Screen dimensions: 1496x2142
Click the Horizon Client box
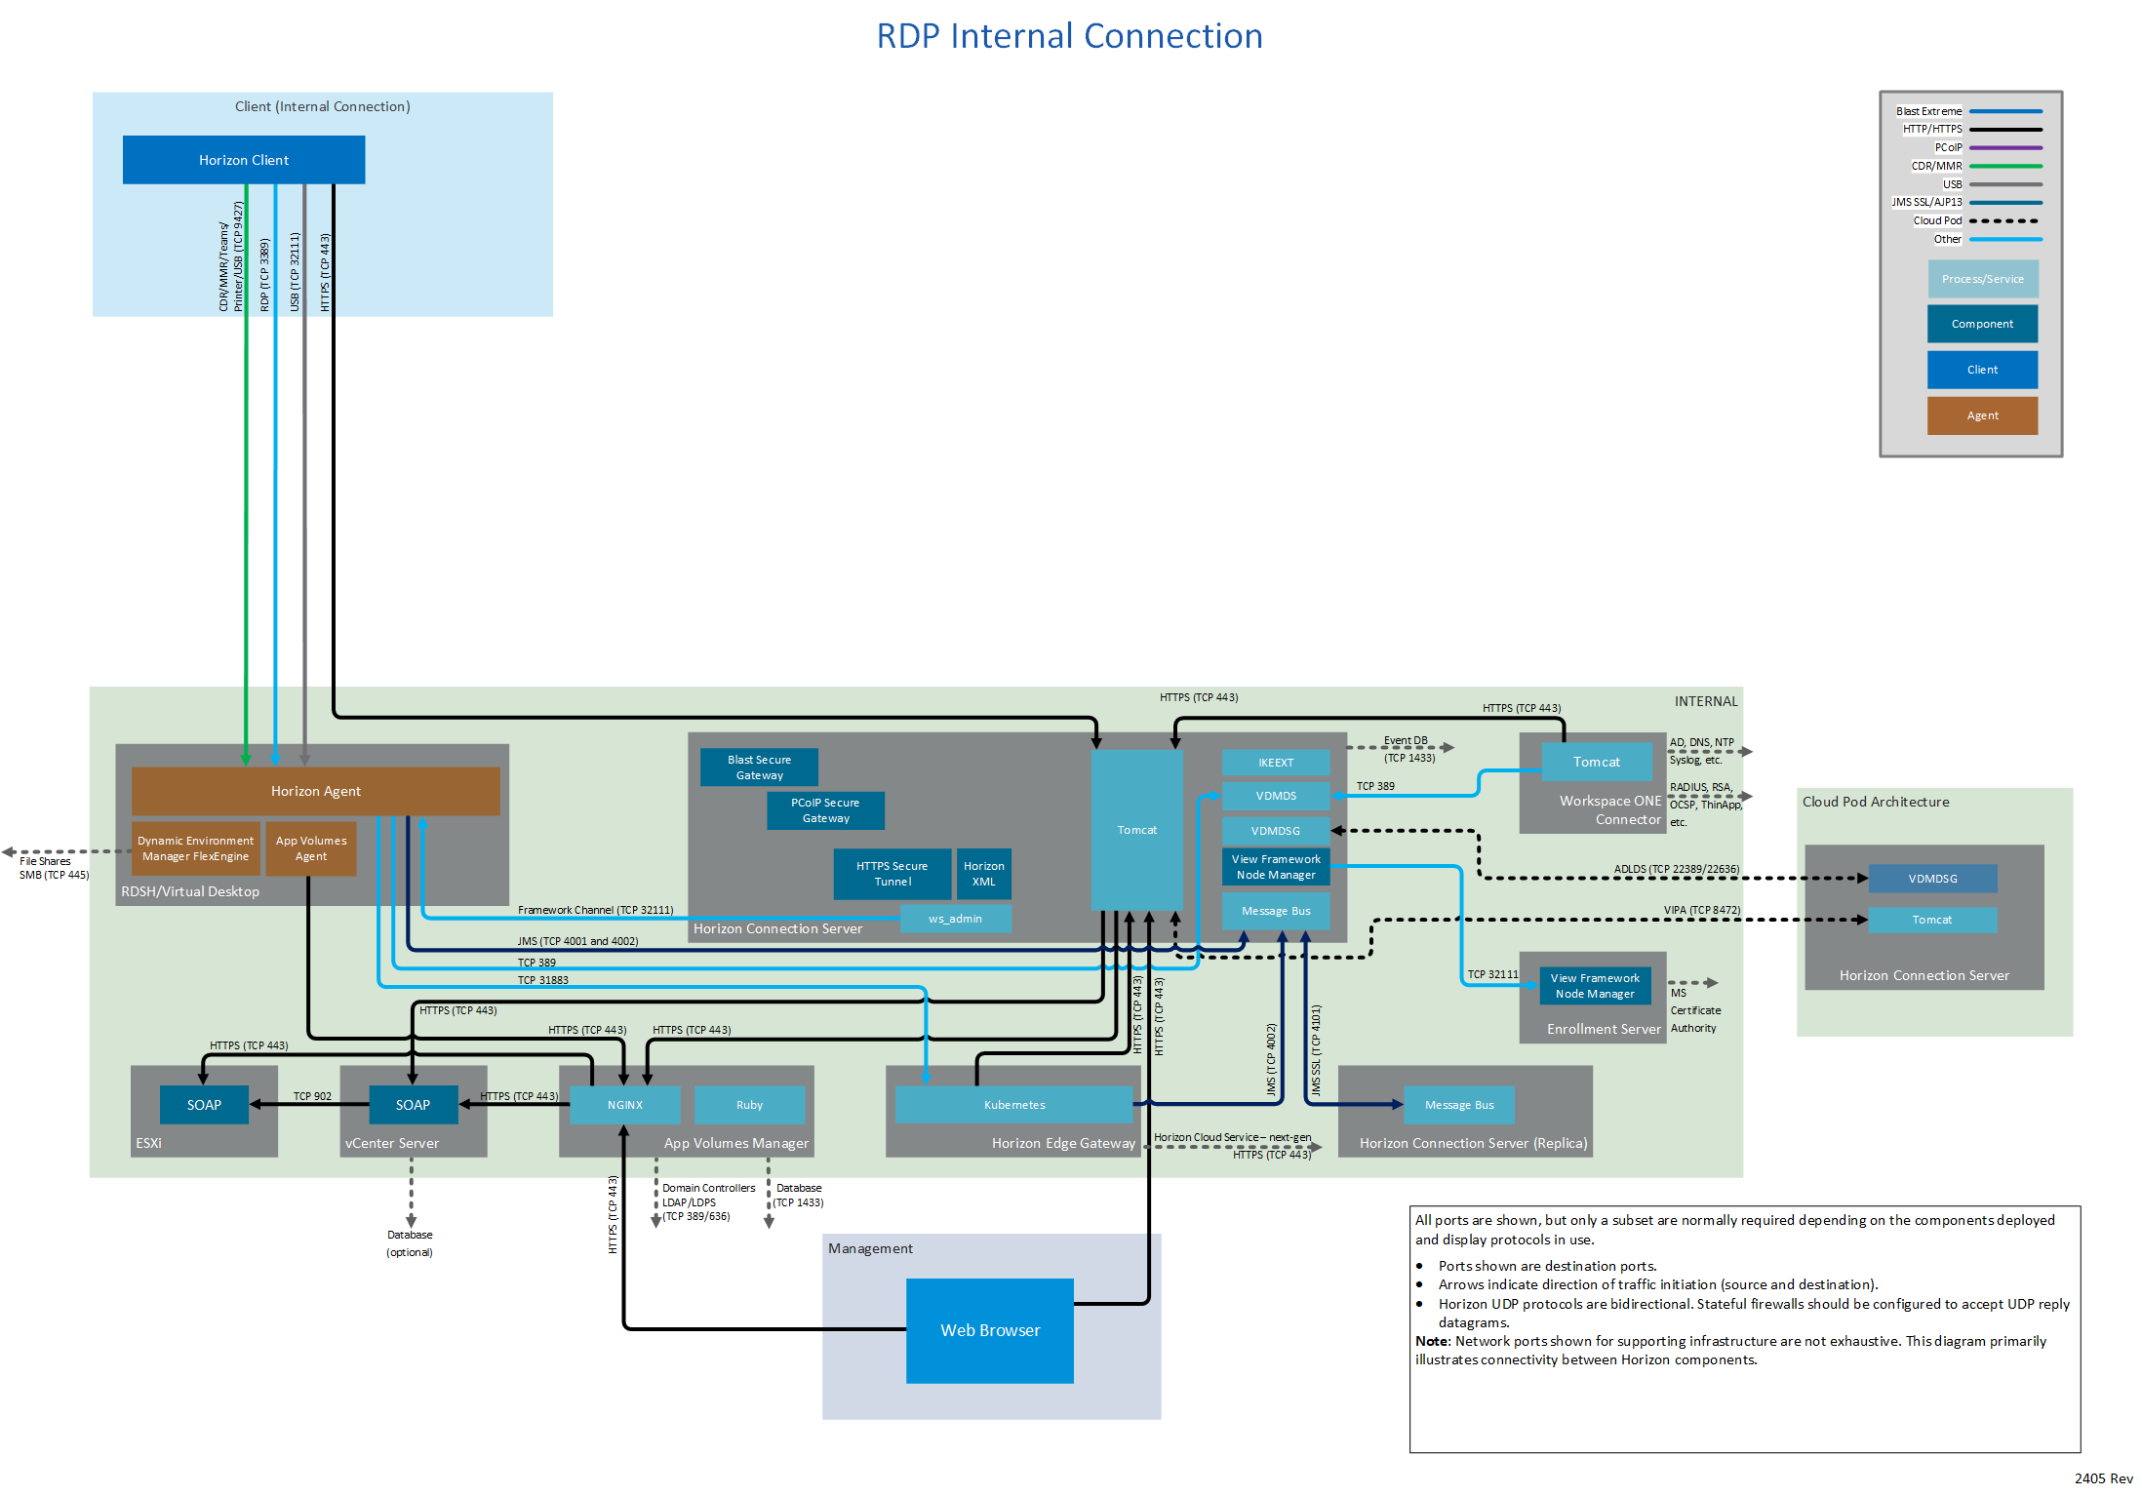click(x=244, y=160)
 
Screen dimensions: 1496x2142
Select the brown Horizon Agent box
click(x=315, y=791)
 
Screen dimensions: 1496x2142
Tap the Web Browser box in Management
click(x=989, y=1330)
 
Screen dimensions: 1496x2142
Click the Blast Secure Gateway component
click(x=759, y=768)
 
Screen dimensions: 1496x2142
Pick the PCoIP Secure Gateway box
click(x=825, y=810)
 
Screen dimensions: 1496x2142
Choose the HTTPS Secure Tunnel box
click(x=892, y=874)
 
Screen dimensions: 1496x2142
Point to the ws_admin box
click(x=955, y=919)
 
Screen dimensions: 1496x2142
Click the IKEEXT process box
click(x=1275, y=763)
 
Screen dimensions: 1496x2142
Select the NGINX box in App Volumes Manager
click(x=624, y=1105)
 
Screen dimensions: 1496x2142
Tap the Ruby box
click(x=749, y=1105)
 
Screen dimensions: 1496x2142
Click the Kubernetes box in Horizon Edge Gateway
click(x=1013, y=1105)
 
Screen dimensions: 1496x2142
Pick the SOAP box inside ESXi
click(x=204, y=1105)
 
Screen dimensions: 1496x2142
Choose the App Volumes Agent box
click(x=311, y=848)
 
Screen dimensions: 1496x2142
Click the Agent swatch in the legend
click(x=1982, y=415)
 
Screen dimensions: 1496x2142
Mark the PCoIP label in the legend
click(x=1948, y=147)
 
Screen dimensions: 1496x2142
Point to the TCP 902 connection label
click(x=312, y=1096)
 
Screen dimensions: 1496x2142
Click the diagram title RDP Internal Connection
click(x=1069, y=36)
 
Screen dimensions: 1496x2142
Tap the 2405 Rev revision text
click(x=2103, y=1478)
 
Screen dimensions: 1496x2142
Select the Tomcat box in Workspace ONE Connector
click(x=1596, y=762)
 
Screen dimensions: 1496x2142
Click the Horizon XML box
click(x=983, y=874)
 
